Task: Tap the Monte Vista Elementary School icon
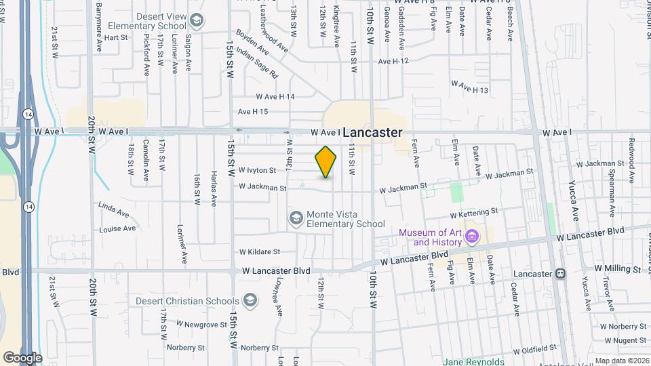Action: tap(296, 218)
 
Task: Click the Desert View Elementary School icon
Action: tap(197, 21)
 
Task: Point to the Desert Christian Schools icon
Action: tap(250, 300)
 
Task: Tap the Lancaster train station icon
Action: tap(561, 274)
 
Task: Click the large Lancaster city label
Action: tap(372, 133)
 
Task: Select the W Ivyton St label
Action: tap(257, 170)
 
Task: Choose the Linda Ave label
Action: tap(113, 205)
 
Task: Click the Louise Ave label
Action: tap(117, 228)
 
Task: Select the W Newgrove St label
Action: tap(202, 325)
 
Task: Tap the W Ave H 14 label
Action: tap(275, 97)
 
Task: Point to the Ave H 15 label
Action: tap(253, 112)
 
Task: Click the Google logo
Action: tap(22, 357)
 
